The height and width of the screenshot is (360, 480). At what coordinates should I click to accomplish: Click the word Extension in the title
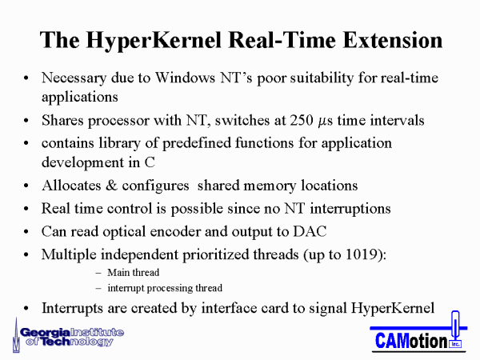pos(393,40)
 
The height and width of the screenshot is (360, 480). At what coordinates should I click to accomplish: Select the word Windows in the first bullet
pos(185,78)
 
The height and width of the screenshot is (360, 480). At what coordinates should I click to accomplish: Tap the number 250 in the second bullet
pos(302,120)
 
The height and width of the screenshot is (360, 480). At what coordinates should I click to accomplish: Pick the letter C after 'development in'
pos(150,162)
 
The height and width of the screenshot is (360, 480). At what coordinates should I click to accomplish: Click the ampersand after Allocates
pos(111,186)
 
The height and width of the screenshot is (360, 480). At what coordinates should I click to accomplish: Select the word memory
pos(270,186)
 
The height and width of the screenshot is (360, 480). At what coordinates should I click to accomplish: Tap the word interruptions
pos(350,209)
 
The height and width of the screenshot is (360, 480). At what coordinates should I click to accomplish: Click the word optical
pos(124,232)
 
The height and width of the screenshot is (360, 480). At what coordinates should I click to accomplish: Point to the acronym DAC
pos(310,231)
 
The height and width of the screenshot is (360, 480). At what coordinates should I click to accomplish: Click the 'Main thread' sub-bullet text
pos(133,273)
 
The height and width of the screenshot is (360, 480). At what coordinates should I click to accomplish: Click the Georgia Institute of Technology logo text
pos(72,337)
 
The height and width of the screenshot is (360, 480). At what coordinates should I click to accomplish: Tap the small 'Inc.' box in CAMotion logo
pos(455,344)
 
